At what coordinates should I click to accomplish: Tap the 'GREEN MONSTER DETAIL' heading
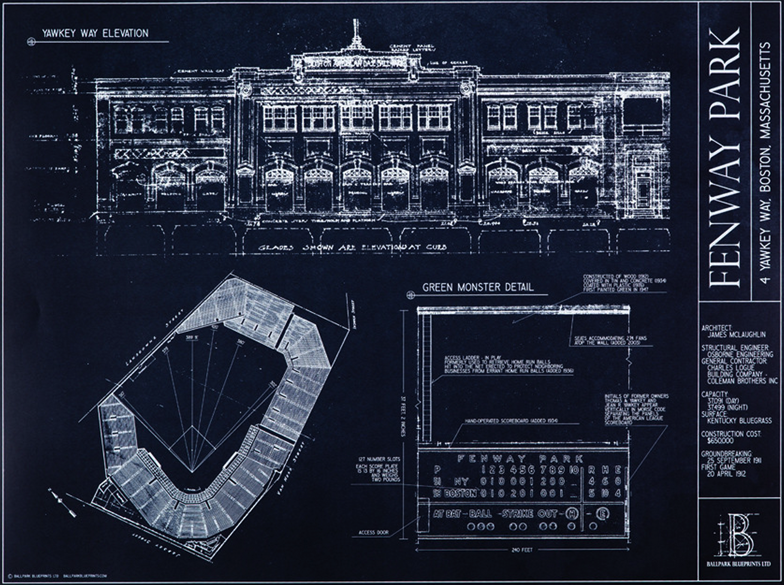(x=478, y=287)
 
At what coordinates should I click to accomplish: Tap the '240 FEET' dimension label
(x=520, y=550)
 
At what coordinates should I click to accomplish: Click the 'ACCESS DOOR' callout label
(x=373, y=533)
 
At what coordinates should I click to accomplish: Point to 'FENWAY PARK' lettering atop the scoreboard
(x=520, y=459)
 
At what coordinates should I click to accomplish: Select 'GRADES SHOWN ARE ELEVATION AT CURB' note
(x=352, y=247)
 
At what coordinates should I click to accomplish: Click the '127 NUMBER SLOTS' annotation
(x=378, y=459)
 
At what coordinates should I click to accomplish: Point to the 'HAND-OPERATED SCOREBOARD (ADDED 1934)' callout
(x=511, y=421)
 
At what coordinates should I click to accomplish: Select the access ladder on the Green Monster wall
(x=426, y=377)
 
